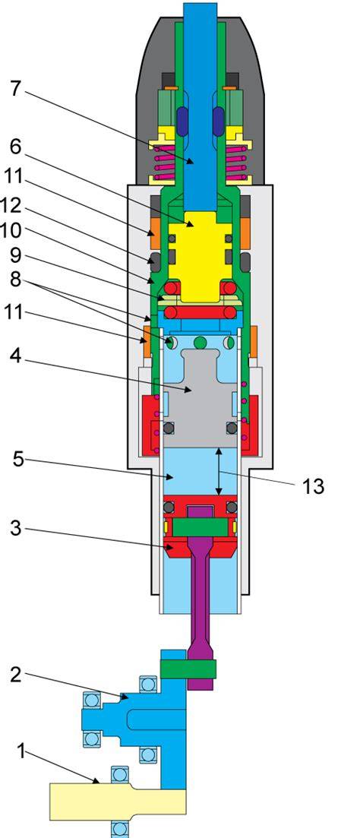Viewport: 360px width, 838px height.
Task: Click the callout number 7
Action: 16,88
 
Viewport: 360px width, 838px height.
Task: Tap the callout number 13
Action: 313,487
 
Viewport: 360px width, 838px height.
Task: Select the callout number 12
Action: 13,204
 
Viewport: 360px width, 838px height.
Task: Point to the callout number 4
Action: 16,356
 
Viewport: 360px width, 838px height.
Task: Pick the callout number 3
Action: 16,529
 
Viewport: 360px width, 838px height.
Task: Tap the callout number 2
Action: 16,675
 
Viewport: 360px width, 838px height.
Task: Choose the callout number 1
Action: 21,752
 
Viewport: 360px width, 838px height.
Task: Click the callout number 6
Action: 16,146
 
